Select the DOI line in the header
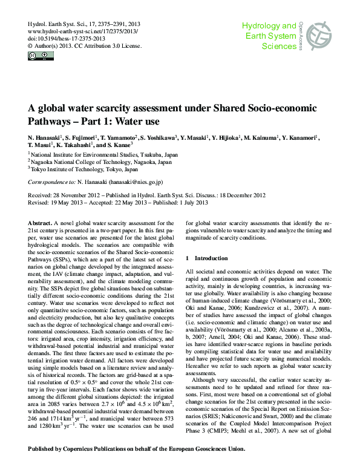pyautogui.click(x=64, y=38)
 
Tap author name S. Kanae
pyautogui.click(x=116, y=146)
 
